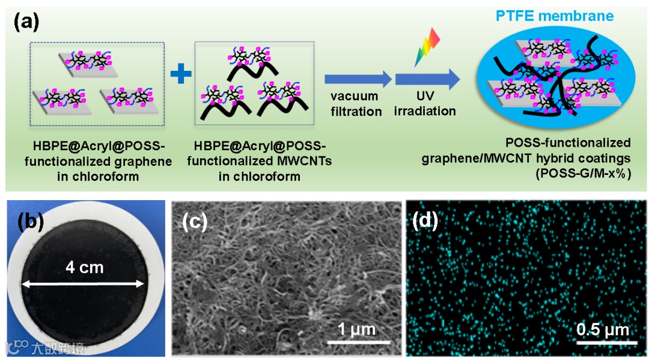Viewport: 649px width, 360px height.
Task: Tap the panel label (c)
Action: [195, 222]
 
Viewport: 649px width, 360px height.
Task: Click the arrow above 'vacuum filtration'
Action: [358, 79]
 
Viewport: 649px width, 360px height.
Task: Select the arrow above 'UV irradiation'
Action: [427, 79]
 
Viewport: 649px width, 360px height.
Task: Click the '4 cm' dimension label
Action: [84, 267]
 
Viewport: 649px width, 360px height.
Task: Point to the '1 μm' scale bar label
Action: [356, 329]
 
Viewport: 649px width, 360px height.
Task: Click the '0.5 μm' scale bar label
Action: [603, 329]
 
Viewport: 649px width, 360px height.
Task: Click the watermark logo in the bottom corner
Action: [16, 347]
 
